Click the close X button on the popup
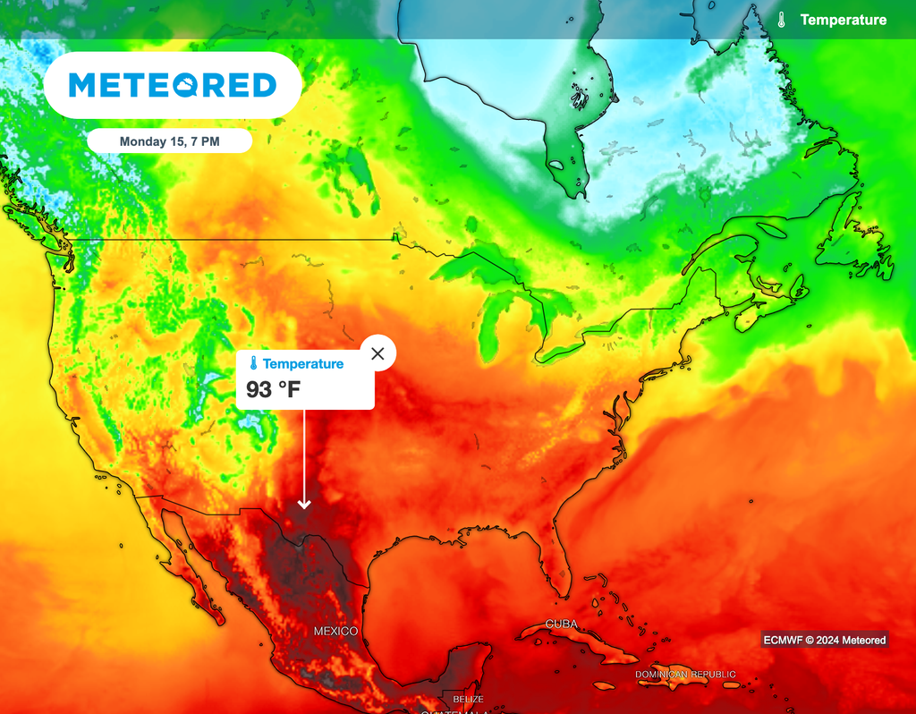click(x=377, y=353)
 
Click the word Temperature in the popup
click(x=303, y=364)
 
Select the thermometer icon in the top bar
click(x=782, y=20)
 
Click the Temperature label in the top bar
click(x=844, y=20)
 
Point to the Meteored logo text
click(x=172, y=85)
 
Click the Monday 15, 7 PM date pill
click(x=169, y=141)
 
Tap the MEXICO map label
click(x=335, y=632)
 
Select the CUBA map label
click(x=561, y=624)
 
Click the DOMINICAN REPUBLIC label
click(x=685, y=674)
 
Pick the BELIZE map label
click(x=468, y=699)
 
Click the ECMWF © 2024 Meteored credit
click(x=825, y=640)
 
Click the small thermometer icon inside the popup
click(x=254, y=364)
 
